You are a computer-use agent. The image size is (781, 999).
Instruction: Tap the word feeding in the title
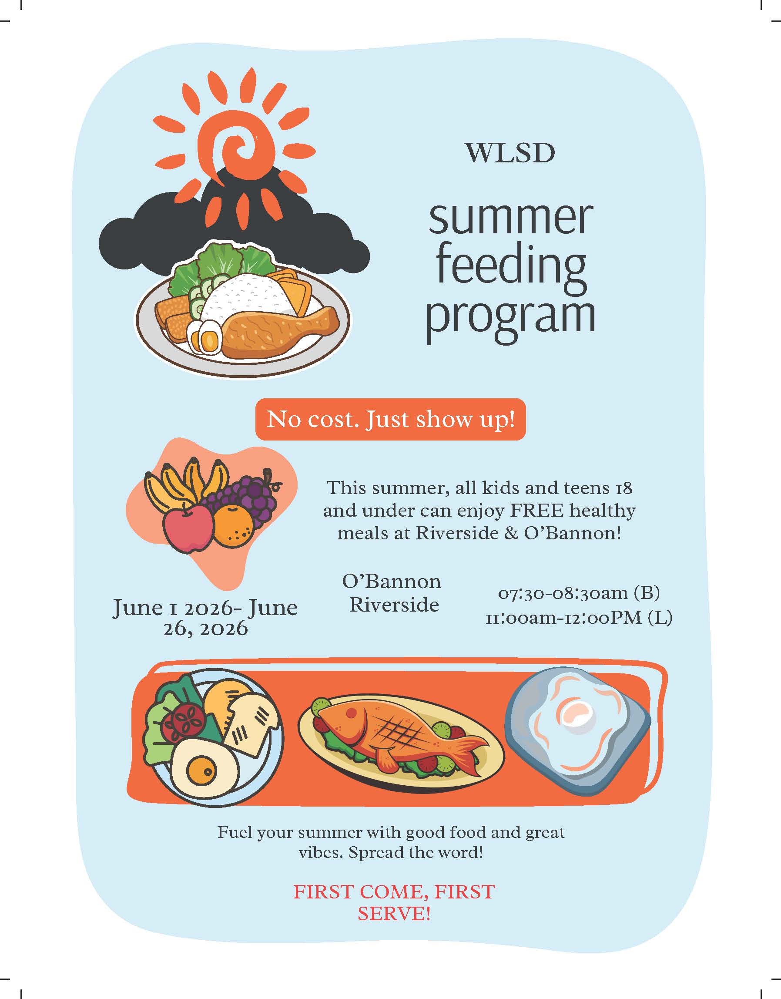(x=511, y=267)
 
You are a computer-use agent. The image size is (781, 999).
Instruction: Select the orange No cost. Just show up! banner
(x=391, y=419)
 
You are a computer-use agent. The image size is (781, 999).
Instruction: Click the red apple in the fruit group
(x=188, y=529)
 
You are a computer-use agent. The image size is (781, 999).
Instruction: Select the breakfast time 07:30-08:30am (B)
(x=578, y=593)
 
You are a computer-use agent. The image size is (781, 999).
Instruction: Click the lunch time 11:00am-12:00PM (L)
(x=578, y=618)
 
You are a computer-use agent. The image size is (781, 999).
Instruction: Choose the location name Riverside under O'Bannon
(x=394, y=605)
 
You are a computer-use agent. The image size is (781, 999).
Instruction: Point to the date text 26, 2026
(x=205, y=629)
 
